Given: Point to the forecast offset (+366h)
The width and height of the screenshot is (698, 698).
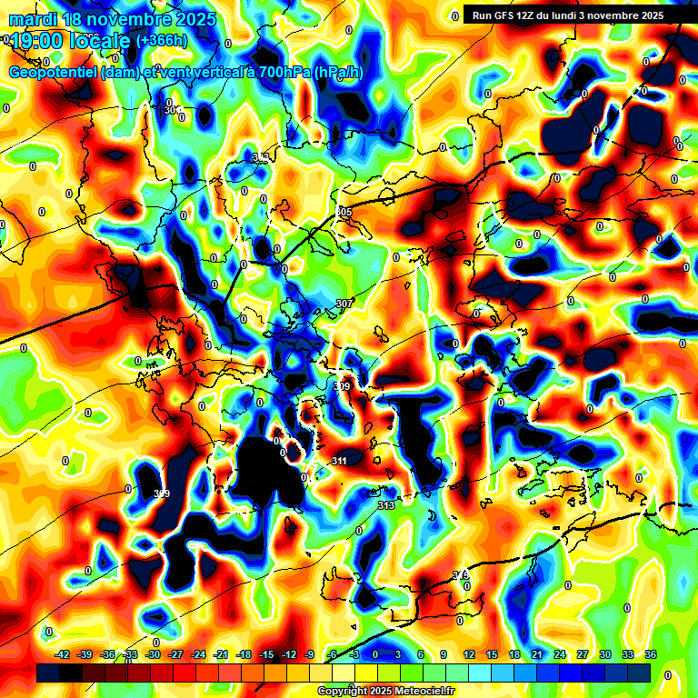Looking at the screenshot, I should (163, 41).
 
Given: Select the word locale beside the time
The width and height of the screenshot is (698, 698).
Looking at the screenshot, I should (102, 41).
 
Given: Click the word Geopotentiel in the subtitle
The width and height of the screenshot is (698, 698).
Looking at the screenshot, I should (54, 73).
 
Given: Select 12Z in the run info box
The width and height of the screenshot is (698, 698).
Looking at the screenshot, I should (526, 15).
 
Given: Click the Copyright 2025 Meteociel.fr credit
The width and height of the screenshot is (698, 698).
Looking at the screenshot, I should (384, 691).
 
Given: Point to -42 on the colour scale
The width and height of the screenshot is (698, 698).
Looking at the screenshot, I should (63, 654).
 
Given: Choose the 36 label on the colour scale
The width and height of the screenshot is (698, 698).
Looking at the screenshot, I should (650, 654).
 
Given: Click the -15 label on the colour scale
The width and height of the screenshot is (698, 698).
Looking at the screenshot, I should (266, 654).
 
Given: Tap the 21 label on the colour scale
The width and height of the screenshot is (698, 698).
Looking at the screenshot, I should (537, 654).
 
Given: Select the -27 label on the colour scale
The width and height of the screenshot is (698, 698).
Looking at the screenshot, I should (176, 654).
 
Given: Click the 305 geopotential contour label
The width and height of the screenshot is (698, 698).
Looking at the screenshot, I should (344, 212).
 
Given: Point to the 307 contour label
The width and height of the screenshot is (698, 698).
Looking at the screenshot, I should (344, 303).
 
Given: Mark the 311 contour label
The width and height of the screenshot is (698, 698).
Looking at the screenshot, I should (339, 461).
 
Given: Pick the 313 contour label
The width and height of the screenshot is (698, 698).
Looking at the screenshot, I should (385, 505).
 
